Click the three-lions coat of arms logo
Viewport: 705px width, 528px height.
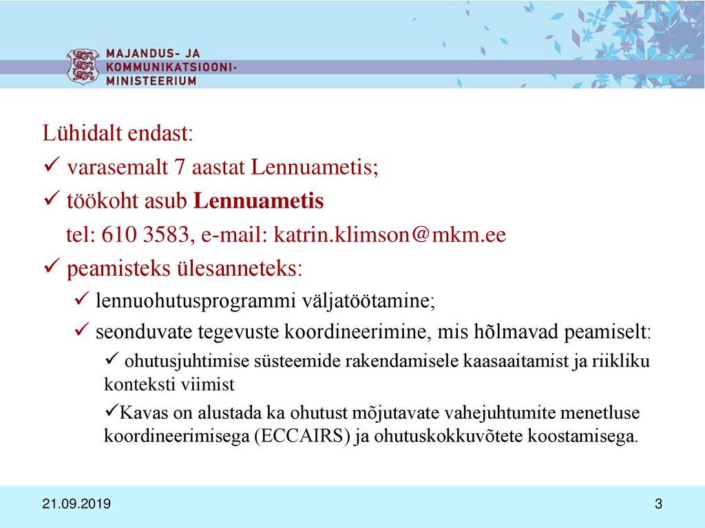(83, 66)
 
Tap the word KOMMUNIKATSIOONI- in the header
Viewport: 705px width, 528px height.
(171, 67)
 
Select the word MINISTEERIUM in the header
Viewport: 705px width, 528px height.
(151, 81)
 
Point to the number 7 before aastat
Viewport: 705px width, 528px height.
(180, 167)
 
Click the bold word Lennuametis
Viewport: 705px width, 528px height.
(259, 201)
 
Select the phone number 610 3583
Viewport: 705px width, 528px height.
(145, 234)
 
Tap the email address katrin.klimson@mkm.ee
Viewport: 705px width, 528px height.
(390, 234)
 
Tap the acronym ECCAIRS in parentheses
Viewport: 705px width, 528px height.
(302, 436)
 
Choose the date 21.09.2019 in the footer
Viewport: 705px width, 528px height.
(76, 504)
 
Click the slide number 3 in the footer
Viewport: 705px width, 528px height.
(659, 504)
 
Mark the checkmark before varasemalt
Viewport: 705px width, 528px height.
(52, 165)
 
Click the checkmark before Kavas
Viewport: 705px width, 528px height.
(111, 410)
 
